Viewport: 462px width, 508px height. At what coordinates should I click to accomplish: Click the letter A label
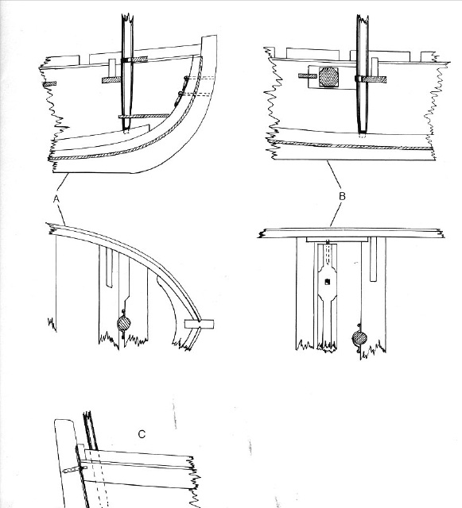point(56,199)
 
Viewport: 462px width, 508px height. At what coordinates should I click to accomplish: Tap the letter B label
point(342,196)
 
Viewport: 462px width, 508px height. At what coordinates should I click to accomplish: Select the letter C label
point(142,434)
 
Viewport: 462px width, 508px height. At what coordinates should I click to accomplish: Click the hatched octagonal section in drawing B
point(329,77)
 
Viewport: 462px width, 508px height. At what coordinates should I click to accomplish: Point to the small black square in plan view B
point(328,282)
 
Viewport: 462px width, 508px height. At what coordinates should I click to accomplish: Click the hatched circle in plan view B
point(359,338)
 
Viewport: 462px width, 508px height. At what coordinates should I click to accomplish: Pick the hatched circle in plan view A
point(124,324)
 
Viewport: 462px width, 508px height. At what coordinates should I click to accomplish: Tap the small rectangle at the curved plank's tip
point(200,324)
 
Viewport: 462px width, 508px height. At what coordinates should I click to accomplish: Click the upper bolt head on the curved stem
point(186,78)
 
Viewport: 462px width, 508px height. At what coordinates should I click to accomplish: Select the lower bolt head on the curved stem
point(180,94)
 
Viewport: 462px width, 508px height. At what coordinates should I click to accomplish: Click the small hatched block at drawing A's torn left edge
point(49,83)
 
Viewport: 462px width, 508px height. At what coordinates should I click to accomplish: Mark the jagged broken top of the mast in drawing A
point(127,16)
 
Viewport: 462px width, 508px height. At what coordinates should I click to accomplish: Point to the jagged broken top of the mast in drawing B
point(363,17)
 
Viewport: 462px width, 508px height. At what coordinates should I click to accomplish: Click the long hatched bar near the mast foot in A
point(144,116)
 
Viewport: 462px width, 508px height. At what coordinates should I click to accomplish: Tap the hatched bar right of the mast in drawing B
point(374,79)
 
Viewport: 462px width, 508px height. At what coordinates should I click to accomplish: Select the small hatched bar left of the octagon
point(308,76)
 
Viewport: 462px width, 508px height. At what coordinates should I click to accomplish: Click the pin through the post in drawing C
point(75,469)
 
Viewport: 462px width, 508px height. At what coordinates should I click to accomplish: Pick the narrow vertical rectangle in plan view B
point(374,260)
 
